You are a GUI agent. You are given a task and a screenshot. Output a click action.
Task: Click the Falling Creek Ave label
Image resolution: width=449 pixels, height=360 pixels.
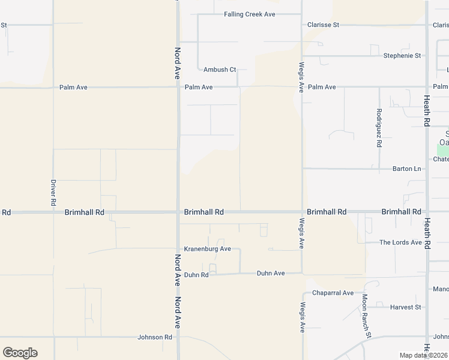(249, 14)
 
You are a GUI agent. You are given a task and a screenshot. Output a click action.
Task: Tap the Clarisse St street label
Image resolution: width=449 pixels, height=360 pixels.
(323, 25)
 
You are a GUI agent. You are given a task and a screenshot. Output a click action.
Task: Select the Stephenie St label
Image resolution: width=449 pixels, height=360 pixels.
(402, 56)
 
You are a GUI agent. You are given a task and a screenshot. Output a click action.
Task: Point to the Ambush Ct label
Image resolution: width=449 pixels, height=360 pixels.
(220, 70)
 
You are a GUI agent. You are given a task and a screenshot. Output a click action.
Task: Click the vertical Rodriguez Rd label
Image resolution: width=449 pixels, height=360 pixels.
(379, 128)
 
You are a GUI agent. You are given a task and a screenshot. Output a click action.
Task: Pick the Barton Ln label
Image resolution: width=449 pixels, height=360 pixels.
(406, 169)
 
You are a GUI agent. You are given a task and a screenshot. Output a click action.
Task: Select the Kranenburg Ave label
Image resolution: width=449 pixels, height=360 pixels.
(207, 248)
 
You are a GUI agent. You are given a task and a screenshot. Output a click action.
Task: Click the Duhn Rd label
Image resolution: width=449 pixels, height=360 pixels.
(196, 275)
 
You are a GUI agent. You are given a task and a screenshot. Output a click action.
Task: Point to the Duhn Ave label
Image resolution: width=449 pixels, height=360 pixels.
(271, 273)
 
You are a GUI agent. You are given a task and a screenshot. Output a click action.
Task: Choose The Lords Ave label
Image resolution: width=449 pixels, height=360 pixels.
(400, 242)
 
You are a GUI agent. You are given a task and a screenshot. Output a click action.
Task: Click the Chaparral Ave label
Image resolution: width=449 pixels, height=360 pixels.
(333, 293)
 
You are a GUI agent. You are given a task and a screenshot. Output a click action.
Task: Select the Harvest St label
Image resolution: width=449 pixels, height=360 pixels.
(405, 307)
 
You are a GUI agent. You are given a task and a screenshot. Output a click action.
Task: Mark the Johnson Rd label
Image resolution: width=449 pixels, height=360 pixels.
(155, 337)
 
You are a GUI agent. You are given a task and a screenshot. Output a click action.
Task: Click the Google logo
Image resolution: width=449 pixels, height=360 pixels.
(20, 353)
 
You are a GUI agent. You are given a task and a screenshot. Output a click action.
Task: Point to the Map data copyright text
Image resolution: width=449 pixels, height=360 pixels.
(423, 355)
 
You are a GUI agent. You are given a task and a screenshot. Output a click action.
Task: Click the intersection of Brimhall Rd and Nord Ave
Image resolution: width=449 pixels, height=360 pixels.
(178, 212)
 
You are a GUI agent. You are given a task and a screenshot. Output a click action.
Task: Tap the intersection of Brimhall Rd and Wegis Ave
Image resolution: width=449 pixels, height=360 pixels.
(302, 212)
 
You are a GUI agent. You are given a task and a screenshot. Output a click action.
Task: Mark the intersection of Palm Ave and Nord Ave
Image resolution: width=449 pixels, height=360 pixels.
(178, 87)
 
